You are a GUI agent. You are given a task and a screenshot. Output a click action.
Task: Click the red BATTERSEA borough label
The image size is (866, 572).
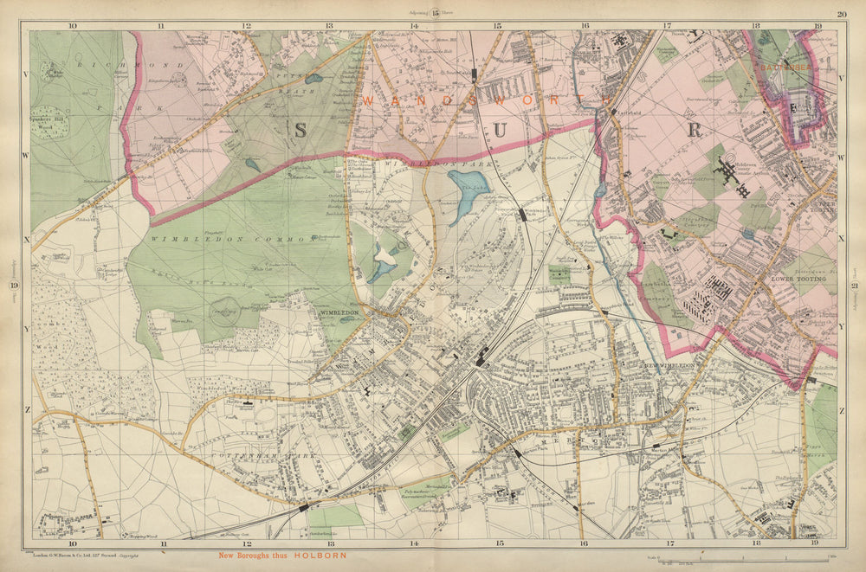click(x=783, y=63)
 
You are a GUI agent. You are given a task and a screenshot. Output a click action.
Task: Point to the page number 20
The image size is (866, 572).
click(x=841, y=13)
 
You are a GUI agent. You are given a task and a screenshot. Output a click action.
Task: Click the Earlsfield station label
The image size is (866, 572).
click(x=617, y=112)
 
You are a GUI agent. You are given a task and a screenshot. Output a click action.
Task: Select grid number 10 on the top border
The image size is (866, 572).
click(x=72, y=25)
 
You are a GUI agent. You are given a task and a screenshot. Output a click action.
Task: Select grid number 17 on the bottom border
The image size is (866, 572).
click(x=667, y=544)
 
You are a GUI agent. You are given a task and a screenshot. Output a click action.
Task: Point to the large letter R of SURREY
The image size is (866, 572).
click(x=693, y=131)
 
